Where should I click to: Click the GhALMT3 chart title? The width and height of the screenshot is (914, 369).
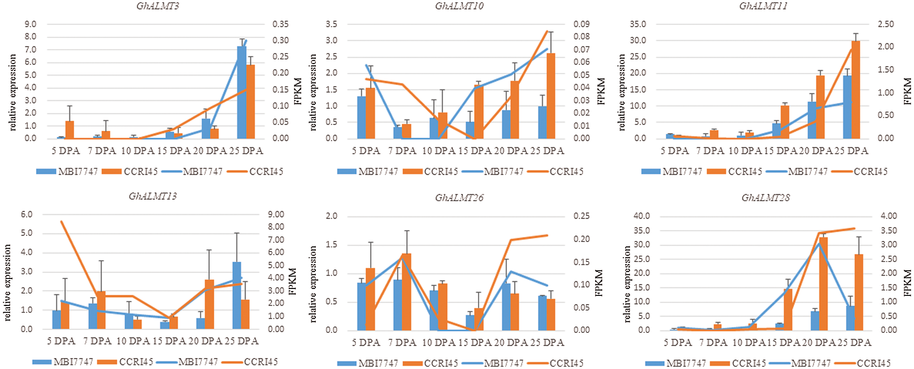click(158, 6)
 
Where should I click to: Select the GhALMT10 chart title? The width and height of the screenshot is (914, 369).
click(459, 6)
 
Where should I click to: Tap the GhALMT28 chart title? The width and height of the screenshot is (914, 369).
click(765, 198)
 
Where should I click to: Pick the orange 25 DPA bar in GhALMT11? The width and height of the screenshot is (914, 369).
click(856, 90)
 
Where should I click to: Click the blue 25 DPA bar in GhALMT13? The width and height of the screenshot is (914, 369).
click(237, 295)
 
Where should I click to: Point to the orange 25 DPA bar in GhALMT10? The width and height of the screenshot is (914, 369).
click(551, 96)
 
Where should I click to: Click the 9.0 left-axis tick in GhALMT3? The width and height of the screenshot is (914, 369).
click(31, 24)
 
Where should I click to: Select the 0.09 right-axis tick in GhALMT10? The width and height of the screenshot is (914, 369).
click(581, 24)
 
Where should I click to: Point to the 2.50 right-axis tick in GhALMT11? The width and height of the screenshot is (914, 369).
click(885, 24)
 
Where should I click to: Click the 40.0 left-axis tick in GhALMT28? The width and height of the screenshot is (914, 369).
click(642, 216)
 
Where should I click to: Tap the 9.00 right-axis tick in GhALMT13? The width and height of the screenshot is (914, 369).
click(276, 214)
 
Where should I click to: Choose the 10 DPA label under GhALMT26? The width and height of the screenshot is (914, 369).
click(438, 342)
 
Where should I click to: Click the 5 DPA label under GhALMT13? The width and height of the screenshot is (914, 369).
click(61, 341)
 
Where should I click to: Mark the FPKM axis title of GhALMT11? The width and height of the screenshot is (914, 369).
click(907, 91)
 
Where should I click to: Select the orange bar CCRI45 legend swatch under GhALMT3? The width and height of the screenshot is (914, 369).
click(111, 171)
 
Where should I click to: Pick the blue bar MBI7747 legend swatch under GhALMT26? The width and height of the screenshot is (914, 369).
click(346, 364)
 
